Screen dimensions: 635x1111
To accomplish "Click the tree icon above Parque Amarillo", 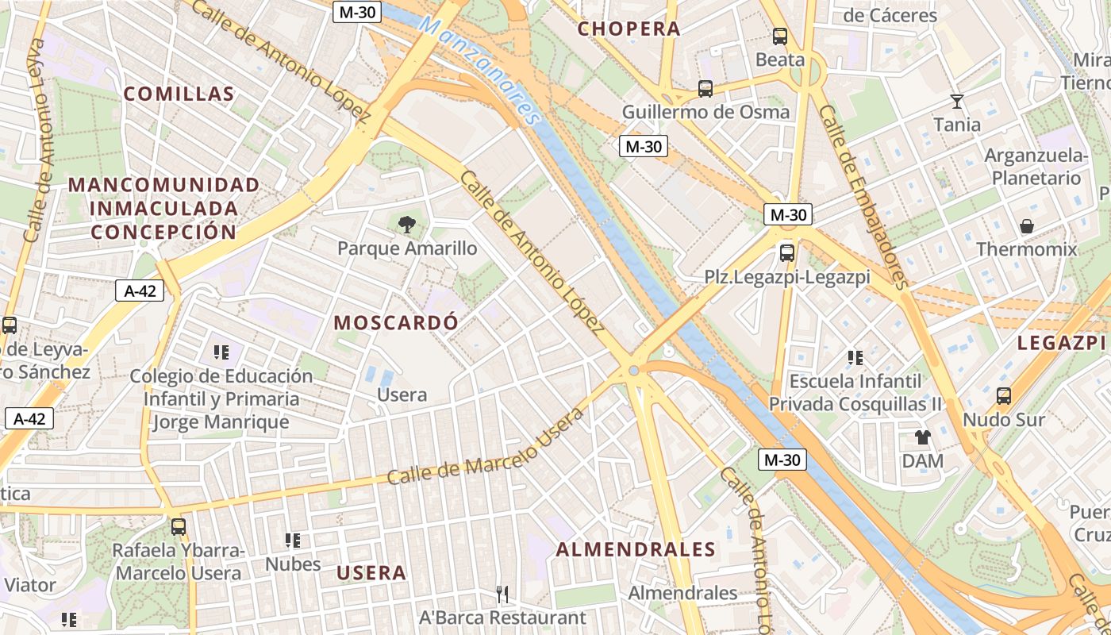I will [407, 225].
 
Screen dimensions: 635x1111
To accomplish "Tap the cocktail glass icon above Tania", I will [957, 102].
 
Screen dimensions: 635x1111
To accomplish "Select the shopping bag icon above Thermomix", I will [1027, 226].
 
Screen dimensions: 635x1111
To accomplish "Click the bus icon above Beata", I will [780, 37].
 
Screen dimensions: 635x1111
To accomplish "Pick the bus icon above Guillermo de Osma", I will [705, 89].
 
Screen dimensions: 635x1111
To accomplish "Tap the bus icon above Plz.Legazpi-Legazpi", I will [787, 253].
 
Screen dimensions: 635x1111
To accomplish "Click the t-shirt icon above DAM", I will [922, 437].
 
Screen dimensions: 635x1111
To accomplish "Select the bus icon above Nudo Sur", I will [1004, 396].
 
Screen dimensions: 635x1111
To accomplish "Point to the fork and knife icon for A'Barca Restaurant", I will [502, 594].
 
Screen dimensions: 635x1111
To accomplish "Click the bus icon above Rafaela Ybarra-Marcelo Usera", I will [179, 526].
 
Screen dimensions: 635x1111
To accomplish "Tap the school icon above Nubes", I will [293, 541].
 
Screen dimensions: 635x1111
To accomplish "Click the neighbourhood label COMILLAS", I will [179, 94].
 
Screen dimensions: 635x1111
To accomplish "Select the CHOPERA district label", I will [629, 29].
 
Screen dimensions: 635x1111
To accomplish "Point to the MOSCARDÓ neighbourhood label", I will [396, 322].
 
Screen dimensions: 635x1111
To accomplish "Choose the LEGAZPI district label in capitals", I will [1062, 342].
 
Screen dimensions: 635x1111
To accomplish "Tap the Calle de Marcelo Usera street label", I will [486, 447].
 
